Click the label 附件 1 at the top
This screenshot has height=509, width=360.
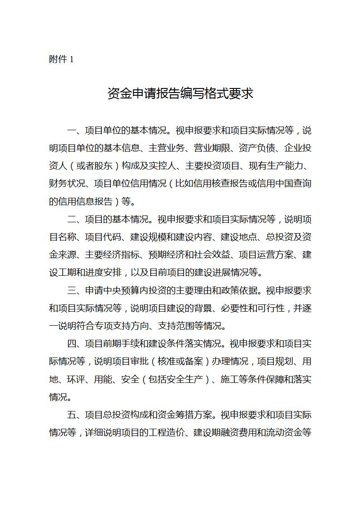point(61,59)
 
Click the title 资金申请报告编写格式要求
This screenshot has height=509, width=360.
point(180,93)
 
